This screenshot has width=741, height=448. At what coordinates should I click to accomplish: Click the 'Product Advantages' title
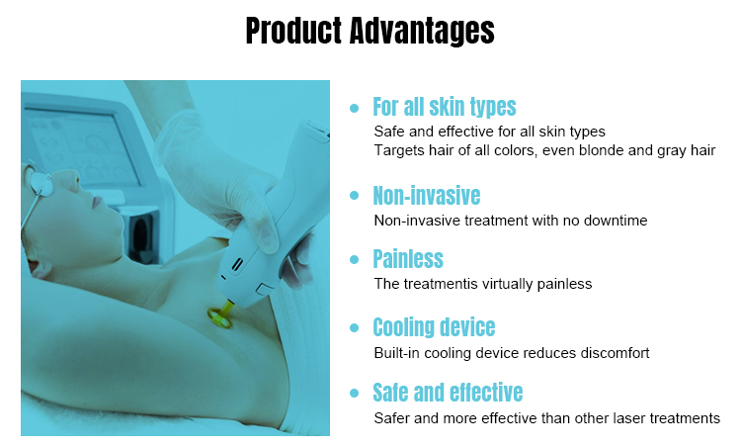pos(370,31)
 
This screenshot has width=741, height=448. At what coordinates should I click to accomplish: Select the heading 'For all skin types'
pos(444,106)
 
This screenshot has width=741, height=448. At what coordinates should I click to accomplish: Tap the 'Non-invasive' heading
pos(426,195)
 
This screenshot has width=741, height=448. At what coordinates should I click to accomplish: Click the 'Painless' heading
pos(407,259)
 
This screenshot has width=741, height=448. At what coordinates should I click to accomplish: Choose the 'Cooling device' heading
pos(433,327)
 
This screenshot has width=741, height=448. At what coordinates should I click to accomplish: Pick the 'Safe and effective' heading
pos(447,393)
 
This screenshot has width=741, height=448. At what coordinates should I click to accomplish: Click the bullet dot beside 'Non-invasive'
pos(355,196)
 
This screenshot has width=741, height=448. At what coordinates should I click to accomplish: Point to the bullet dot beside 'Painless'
pos(355,260)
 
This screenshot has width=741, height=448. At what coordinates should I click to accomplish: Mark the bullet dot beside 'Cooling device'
pos(355,328)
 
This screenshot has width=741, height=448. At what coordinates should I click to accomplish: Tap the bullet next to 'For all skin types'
pos(355,107)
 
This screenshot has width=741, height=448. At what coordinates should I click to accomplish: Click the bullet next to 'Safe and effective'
pos(355,394)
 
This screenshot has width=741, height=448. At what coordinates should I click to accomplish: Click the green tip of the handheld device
pos(219,315)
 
